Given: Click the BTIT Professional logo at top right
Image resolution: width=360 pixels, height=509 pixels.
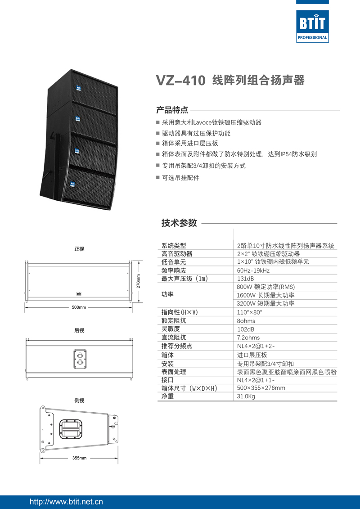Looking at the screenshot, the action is point(312,26).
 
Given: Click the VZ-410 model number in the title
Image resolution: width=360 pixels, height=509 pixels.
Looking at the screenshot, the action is point(180,81).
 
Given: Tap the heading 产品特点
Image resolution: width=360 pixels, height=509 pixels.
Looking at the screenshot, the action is point(172,110).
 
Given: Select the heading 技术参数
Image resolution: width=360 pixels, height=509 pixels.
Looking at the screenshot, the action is point(179,223).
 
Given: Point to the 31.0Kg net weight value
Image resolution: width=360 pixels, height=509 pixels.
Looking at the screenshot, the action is point(246,396).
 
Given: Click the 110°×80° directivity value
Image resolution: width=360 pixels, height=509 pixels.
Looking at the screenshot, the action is point(249,312).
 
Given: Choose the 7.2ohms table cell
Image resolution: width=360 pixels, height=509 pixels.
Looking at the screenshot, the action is point(248,338).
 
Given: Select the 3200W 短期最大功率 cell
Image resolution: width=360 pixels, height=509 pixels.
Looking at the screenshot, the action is point(265,303).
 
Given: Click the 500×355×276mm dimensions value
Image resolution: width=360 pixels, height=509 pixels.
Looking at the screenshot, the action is point(261,388).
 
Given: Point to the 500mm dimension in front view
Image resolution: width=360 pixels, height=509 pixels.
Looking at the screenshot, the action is point(79,307).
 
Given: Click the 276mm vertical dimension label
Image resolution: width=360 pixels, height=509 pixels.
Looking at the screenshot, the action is point(139,281).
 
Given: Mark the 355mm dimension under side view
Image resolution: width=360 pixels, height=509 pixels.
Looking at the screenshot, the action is point(79,458).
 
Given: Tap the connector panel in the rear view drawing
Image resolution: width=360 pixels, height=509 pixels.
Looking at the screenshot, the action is point(80,359).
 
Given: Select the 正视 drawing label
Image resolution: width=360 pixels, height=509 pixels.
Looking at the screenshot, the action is point(79,249).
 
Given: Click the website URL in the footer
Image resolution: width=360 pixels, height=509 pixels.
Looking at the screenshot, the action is point(66,501).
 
